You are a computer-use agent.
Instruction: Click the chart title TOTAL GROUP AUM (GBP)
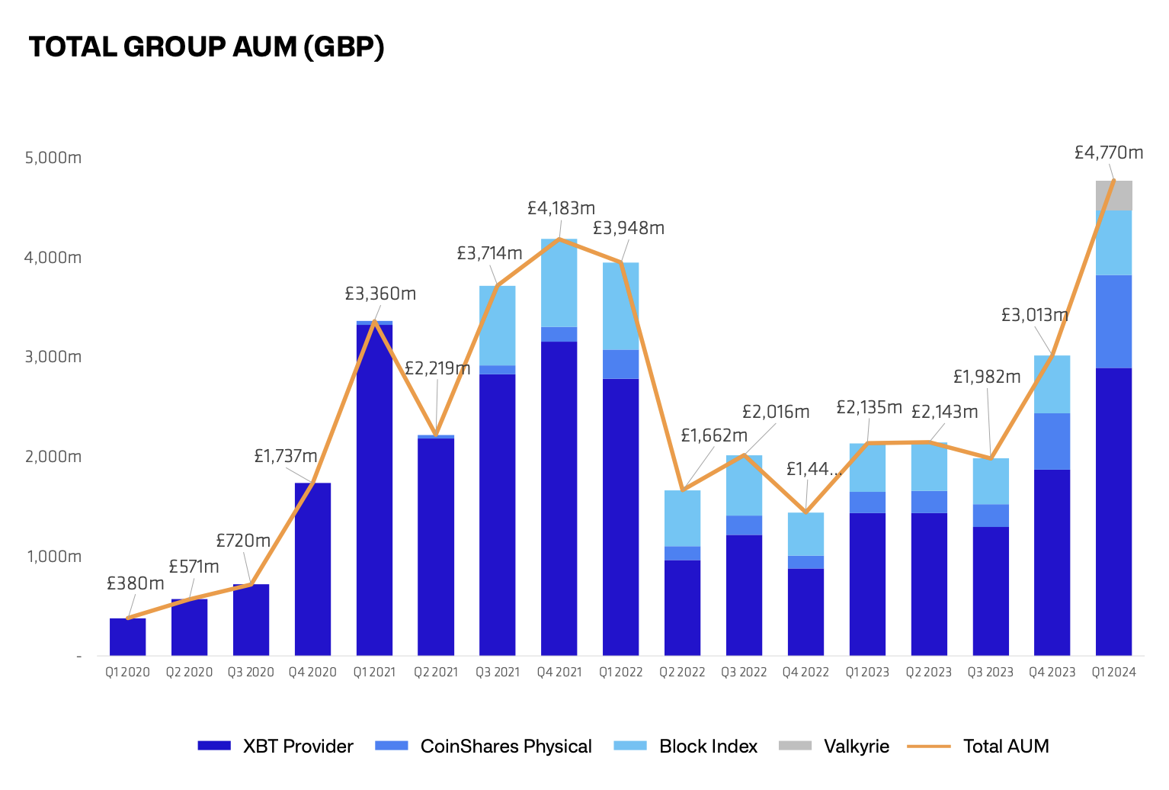click(207, 47)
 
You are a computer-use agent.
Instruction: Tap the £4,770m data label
click(1108, 153)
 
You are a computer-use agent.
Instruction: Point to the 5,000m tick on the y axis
click(53, 158)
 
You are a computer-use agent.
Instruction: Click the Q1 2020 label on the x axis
click(127, 672)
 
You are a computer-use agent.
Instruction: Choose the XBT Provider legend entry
click(275, 746)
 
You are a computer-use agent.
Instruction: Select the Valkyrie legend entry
click(834, 746)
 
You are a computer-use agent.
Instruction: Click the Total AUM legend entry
click(978, 746)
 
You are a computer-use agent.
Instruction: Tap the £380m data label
click(136, 583)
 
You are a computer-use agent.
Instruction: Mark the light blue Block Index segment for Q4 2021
click(559, 283)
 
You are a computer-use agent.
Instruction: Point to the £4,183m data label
click(561, 207)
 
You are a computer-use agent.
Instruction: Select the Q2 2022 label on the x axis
click(682, 672)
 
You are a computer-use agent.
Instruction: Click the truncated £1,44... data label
click(813, 469)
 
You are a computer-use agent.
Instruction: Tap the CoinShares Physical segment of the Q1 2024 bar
click(1113, 321)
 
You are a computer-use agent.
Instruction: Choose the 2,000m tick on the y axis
click(53, 457)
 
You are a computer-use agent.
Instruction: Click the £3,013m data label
click(1034, 315)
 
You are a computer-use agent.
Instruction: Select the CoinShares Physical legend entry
click(484, 746)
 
